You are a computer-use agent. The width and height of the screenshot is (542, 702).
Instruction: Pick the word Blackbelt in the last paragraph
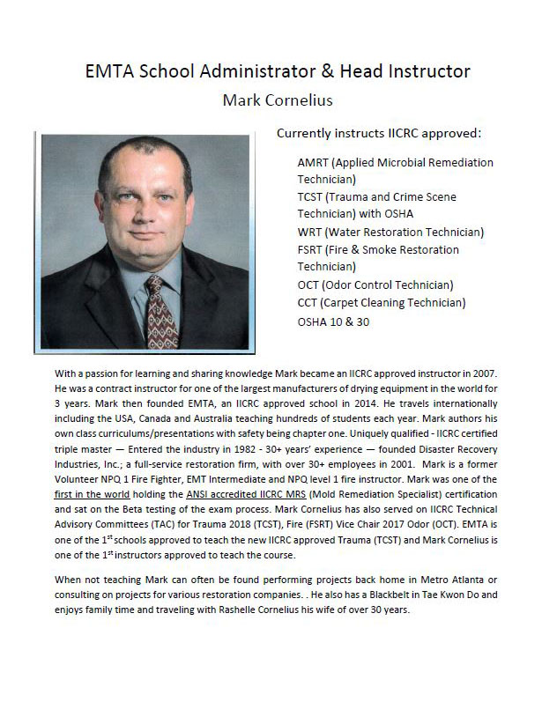pyautogui.click(x=392, y=594)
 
